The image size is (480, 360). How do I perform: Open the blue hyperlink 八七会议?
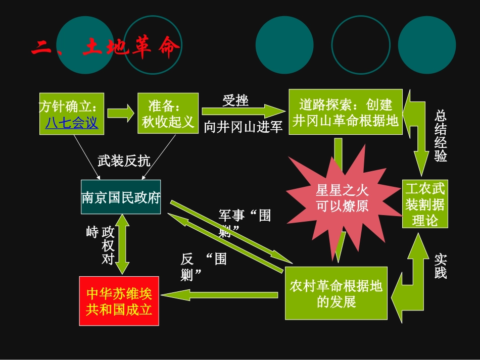coord(71,123)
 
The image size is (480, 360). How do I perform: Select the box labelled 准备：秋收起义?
coord(168,114)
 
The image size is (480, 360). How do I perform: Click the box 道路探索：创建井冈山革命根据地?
coord(346,112)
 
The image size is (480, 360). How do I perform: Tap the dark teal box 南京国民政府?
coord(121,197)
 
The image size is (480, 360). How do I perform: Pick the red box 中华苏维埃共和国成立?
coord(119,301)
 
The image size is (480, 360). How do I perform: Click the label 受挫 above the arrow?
coord(235,100)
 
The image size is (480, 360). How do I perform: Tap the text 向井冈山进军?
coord(243,127)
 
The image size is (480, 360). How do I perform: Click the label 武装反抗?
coord(124,161)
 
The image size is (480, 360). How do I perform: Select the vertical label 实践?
coord(441,267)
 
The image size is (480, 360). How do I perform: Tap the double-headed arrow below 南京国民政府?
coord(123,244)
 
